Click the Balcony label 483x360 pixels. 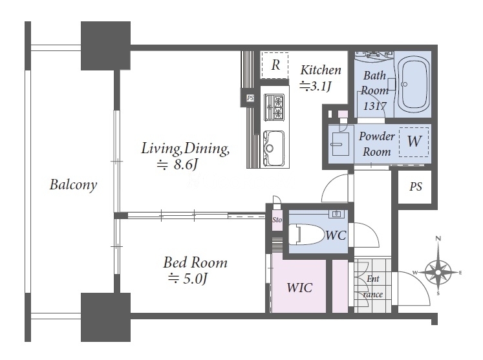(73, 185)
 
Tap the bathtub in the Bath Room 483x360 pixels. (413, 84)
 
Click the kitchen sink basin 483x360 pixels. (274, 149)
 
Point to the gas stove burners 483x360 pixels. (274, 107)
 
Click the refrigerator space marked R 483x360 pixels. (275, 65)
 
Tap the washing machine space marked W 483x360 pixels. (414, 142)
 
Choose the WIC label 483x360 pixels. (299, 288)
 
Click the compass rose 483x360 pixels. (438, 271)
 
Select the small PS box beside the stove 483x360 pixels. (250, 98)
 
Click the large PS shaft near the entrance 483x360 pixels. (416, 186)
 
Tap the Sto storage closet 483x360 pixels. (277, 220)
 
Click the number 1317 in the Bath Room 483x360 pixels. (374, 106)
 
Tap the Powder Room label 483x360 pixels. (377, 144)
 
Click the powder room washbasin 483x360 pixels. (340, 144)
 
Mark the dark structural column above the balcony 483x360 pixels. (105, 46)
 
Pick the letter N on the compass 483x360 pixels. (438, 238)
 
